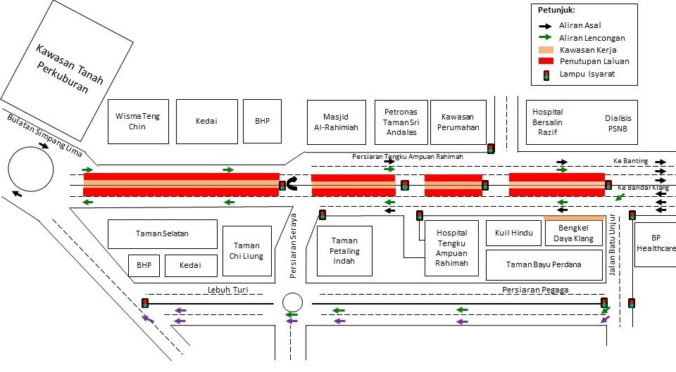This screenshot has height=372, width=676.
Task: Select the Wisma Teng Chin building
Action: pyautogui.click(x=138, y=122)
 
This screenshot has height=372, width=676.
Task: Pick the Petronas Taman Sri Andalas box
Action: pyautogui.click(x=401, y=122)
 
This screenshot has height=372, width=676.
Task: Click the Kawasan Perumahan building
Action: pyautogui.click(x=460, y=122)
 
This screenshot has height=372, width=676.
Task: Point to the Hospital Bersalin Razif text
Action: pyautogui.click(x=547, y=122)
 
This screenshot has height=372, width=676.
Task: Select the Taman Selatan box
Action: pyautogui.click(x=162, y=233)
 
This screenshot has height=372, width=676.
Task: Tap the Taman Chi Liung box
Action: pyautogui.click(x=247, y=251)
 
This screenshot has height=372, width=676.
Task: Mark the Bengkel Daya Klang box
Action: pyautogui.click(x=574, y=233)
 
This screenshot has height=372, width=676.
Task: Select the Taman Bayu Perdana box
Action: pyautogui.click(x=544, y=265)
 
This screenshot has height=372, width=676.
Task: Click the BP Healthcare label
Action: pyautogui.click(x=656, y=243)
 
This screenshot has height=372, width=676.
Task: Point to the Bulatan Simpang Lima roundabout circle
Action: pyautogui.click(x=31, y=168)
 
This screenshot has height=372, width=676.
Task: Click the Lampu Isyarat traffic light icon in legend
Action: pyautogui.click(x=545, y=74)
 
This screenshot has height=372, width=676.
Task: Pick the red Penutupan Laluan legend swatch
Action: pyautogui.click(x=546, y=61)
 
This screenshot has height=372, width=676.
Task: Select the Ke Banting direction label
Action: pyautogui.click(x=630, y=161)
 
